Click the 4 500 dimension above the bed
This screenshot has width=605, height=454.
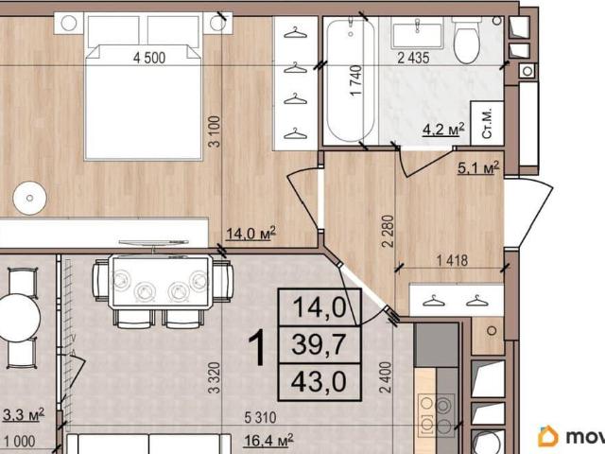click(149, 58)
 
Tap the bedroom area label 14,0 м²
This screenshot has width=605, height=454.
click(251, 233)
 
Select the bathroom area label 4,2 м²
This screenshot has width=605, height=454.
click(443, 130)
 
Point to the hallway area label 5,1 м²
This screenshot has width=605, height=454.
click(478, 167)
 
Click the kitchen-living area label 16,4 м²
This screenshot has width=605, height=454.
click(268, 439)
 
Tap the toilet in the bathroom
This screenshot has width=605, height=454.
click(467, 40)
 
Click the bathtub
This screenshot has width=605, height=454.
click(351, 80)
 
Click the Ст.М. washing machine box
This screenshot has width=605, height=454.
click(487, 124)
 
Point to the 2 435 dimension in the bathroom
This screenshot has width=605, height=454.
click(413, 58)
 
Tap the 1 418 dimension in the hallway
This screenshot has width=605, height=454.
click(452, 261)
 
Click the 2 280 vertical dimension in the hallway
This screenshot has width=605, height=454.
click(388, 231)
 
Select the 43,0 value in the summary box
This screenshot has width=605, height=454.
click(319, 381)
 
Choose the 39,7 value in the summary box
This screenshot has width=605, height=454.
click(319, 344)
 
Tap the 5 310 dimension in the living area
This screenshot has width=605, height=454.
click(261, 417)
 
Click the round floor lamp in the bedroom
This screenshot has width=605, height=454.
click(29, 198)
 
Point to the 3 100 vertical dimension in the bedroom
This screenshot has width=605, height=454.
click(215, 131)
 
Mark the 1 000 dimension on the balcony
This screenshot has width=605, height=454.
click(19, 441)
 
